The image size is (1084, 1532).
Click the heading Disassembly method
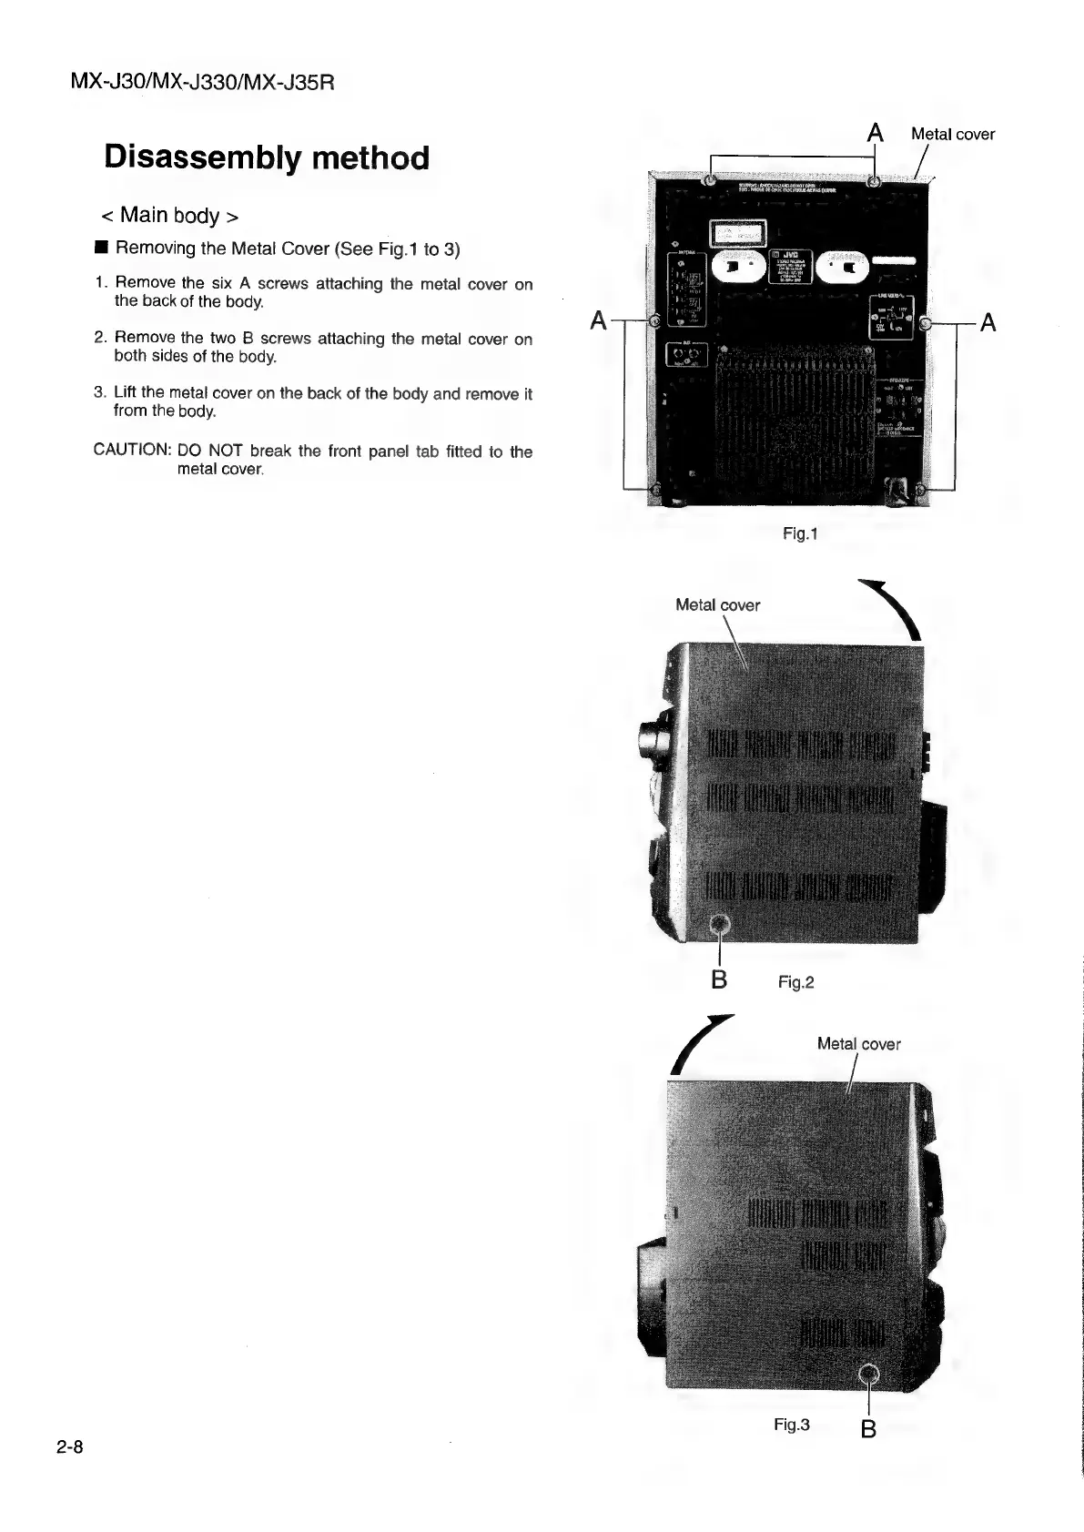tap(267, 157)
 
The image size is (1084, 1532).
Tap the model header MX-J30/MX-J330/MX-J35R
tap(202, 83)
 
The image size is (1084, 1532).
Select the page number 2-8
tap(69, 1447)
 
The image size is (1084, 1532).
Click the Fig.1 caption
tap(800, 533)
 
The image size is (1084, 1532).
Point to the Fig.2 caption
tap(795, 982)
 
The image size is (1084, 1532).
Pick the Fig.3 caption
tap(791, 1425)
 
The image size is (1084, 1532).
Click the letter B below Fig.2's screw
tap(719, 979)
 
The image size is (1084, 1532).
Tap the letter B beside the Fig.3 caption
tap(868, 1429)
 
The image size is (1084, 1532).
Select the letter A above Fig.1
tap(875, 133)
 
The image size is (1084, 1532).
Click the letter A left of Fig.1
tap(598, 321)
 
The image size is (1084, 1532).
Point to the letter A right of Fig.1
tap(988, 323)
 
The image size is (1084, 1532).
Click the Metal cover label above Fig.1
tap(952, 135)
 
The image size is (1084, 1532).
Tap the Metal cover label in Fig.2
tap(717, 605)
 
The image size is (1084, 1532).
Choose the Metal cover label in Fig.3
tap(858, 1044)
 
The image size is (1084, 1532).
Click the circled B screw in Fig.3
tap(869, 1375)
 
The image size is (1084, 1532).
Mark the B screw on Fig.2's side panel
tap(720, 926)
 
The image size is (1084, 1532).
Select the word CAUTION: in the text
tap(133, 451)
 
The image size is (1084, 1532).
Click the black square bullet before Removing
tap(101, 248)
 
